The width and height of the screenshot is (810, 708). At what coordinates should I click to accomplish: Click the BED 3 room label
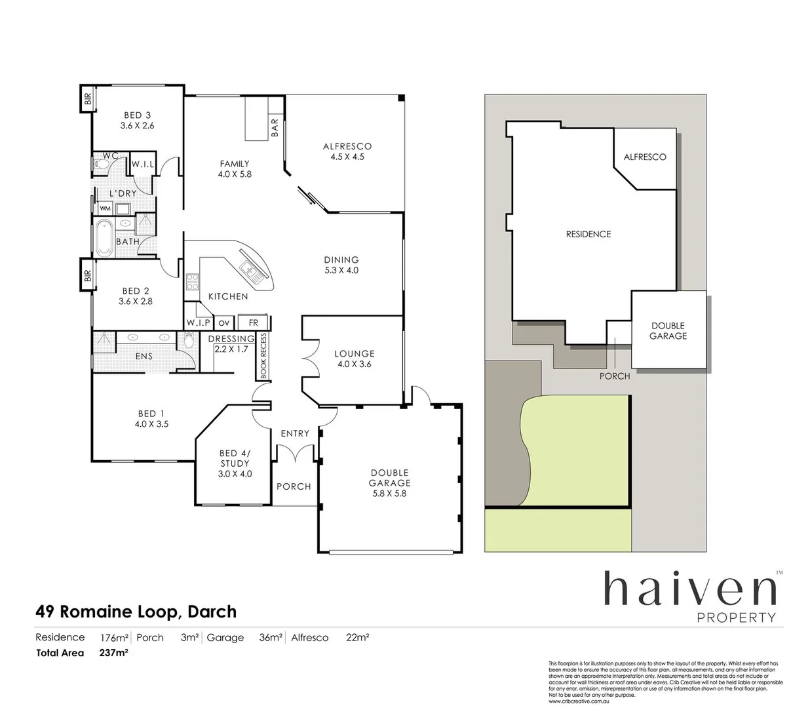point(137,120)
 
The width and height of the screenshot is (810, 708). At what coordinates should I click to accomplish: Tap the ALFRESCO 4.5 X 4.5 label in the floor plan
point(347,151)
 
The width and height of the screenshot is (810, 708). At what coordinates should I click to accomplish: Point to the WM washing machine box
point(105,208)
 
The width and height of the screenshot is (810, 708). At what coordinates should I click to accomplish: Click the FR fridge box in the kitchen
point(253,323)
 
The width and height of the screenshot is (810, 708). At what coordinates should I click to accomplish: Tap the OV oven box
point(224,323)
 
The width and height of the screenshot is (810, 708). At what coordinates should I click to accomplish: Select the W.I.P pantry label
point(198,323)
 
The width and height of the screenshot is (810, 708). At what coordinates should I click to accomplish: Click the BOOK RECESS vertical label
point(263,356)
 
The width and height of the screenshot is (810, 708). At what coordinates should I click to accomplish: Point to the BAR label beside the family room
point(275,127)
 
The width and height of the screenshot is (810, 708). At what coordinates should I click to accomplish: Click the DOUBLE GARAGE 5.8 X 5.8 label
point(389,482)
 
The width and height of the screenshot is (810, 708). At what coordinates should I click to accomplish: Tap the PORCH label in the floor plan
point(294,486)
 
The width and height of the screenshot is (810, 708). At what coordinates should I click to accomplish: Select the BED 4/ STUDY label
point(235,463)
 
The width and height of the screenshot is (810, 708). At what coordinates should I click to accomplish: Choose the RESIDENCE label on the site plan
point(588,234)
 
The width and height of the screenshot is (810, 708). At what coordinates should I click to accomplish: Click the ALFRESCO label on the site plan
point(644,157)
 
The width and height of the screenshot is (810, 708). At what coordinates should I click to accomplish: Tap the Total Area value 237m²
point(113,653)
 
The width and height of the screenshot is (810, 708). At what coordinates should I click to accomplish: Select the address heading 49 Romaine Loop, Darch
point(136,612)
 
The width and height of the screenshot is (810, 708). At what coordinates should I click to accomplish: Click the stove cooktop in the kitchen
point(193,282)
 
